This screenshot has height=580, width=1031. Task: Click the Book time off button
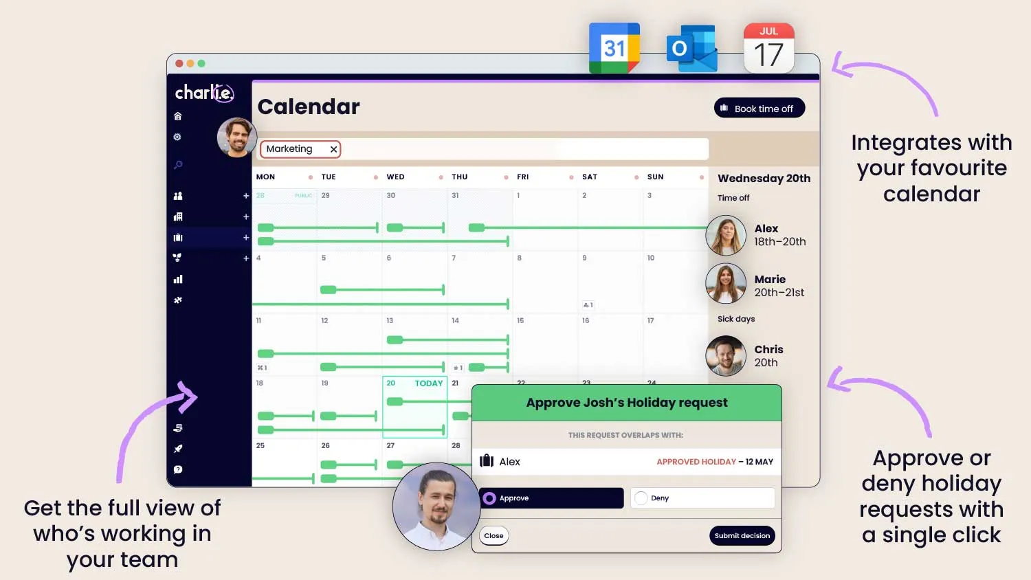[759, 108]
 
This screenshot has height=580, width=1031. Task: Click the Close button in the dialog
[494, 536]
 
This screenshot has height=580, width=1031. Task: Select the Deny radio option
[641, 498]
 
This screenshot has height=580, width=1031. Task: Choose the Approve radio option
[489, 498]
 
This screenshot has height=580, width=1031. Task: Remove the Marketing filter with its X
[333, 149]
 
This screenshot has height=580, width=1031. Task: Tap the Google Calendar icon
[614, 48]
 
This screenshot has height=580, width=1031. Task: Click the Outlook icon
[691, 49]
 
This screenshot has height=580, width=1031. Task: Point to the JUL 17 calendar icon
[768, 48]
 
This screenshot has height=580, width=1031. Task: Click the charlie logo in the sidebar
[204, 93]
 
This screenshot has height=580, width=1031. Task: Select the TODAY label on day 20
[428, 383]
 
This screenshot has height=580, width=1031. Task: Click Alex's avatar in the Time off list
[726, 235]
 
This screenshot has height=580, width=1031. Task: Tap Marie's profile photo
[726, 283]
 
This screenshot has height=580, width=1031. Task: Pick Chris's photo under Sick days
[726, 355]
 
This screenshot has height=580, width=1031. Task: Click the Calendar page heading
[309, 107]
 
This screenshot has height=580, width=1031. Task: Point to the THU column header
[459, 177]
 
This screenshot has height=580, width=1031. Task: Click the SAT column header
[589, 177]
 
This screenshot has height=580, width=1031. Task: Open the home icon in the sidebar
[178, 116]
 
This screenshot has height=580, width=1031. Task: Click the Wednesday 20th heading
[764, 178]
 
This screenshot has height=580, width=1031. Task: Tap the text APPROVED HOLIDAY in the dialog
[696, 462]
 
